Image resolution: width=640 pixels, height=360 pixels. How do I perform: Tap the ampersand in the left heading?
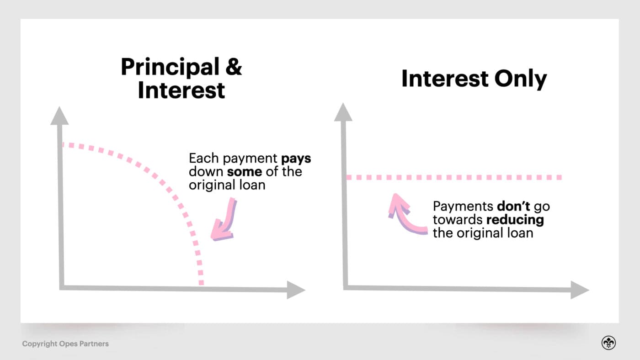point(233,67)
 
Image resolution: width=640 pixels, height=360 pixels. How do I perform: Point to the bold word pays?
point(296,159)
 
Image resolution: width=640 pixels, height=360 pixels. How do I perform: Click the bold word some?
point(245,172)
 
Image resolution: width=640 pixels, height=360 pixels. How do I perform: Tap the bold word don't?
point(513,206)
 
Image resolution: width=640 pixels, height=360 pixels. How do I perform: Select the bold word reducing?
point(515,219)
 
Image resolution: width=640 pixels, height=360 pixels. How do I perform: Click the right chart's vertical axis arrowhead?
point(343,112)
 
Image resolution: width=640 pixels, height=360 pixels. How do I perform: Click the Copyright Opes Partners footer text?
point(65,344)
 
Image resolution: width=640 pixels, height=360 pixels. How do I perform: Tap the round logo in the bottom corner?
point(608,343)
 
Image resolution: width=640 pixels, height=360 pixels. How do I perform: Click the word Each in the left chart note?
point(204,159)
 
